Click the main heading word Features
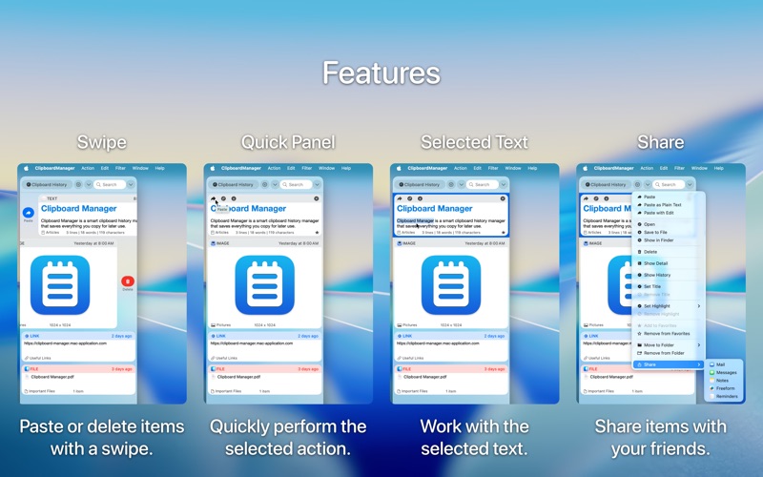(381, 73)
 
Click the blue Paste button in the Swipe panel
(29, 214)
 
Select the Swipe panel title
(101, 143)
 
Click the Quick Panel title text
(287, 143)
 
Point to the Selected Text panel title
(474, 143)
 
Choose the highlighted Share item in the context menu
(650, 364)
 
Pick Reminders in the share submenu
(726, 396)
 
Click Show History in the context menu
(657, 275)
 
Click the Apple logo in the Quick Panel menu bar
(214, 168)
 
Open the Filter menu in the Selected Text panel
(493, 168)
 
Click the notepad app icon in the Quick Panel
(264, 284)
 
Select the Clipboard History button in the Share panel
(608, 184)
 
